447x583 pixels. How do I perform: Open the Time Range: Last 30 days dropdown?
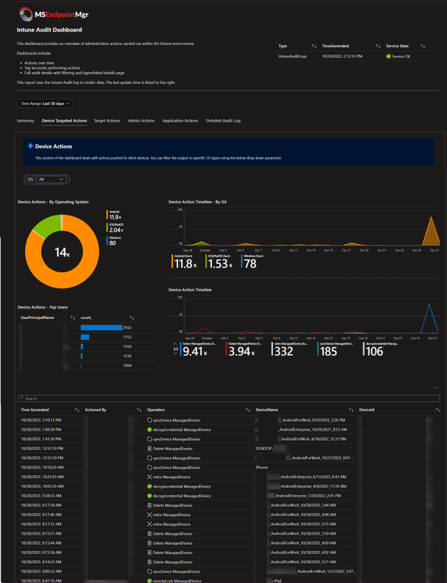click(45, 104)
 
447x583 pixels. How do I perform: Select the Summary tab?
click(25, 121)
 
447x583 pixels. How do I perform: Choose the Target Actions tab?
click(107, 121)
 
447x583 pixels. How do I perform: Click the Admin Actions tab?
click(141, 121)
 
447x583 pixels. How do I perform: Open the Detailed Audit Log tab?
click(223, 121)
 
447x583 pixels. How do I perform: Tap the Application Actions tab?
click(180, 121)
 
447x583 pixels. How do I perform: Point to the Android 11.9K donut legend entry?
click(114, 215)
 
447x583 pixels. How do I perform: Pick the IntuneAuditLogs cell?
click(292, 56)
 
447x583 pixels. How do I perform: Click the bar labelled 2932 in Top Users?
click(101, 328)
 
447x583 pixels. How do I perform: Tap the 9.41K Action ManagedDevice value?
click(194, 351)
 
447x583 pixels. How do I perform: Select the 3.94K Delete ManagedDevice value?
click(240, 351)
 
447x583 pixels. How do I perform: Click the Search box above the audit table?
click(227, 399)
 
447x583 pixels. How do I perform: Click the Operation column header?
click(156, 410)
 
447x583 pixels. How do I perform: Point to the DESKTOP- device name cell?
click(265, 449)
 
